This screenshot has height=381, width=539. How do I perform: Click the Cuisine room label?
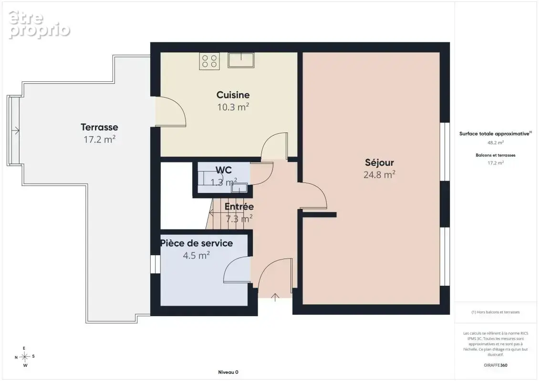(233, 95)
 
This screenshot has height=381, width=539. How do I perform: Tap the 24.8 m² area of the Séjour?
(379, 174)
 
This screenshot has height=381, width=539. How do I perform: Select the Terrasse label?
(99, 127)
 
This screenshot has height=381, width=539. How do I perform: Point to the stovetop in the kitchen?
(209, 61)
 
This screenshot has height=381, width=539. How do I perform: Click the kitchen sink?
(241, 60)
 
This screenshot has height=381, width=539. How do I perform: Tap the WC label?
(223, 170)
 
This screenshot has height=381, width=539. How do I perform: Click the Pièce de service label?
(197, 243)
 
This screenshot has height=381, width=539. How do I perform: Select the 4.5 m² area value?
(196, 255)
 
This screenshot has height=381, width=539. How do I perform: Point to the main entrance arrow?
(275, 297)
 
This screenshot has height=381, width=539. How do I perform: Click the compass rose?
(25, 357)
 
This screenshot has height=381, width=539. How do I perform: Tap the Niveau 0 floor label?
(228, 372)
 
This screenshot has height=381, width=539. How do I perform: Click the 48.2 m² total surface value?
(496, 142)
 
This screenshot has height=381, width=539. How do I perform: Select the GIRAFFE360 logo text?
(495, 365)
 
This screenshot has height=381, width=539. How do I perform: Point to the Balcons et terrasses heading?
(495, 155)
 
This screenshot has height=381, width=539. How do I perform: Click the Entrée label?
(239, 206)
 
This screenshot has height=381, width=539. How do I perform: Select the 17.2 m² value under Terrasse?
(99, 139)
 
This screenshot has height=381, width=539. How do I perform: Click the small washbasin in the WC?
(239, 188)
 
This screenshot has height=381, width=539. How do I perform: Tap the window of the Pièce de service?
(155, 264)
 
